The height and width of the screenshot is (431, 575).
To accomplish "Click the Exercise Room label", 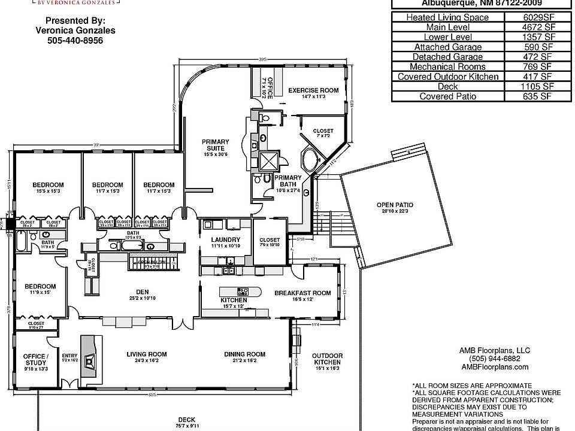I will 313,90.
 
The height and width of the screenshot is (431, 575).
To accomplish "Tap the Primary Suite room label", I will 213,144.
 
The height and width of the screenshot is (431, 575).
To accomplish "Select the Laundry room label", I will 226,241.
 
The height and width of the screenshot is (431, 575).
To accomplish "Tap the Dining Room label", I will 244,354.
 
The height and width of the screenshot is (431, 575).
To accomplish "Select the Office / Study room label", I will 35,360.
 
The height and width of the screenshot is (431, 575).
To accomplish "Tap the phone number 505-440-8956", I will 75,41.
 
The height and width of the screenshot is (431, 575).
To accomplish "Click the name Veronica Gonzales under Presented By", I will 75,31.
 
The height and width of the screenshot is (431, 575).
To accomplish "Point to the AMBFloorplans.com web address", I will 495,367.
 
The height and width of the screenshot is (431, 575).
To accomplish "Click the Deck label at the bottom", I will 186,420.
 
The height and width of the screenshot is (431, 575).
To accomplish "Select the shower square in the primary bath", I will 267,159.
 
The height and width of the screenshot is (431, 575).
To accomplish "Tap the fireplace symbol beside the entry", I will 90,361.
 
